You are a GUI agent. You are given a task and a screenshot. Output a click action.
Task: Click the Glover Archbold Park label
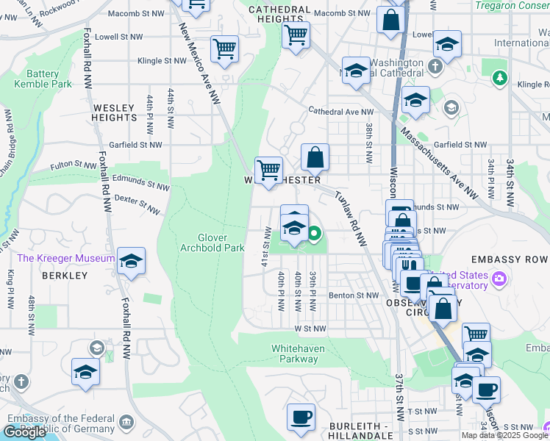coord(212,243)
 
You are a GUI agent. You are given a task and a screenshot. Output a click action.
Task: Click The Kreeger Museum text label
coord(66,258)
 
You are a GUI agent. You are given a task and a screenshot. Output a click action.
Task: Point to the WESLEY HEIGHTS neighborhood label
coord(114,112)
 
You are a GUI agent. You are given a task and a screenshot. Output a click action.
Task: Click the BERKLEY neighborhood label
coord(65,276)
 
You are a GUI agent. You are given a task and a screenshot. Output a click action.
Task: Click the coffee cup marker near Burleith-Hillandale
coord(301,417)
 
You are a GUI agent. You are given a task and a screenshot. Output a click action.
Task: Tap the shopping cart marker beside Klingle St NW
coord(224,49)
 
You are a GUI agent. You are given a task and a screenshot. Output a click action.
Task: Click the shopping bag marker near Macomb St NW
coord(390,20)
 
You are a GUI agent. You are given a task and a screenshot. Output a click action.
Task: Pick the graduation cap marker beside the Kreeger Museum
coord(131,262)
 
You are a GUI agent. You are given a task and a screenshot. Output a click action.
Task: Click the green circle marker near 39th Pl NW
coord(315,235)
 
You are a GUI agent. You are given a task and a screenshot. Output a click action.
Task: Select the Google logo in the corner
coord(24,432)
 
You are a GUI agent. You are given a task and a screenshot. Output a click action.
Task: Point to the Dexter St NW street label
coord(137,204)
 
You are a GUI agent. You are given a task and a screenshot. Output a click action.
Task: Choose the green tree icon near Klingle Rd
coord(501,77)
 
